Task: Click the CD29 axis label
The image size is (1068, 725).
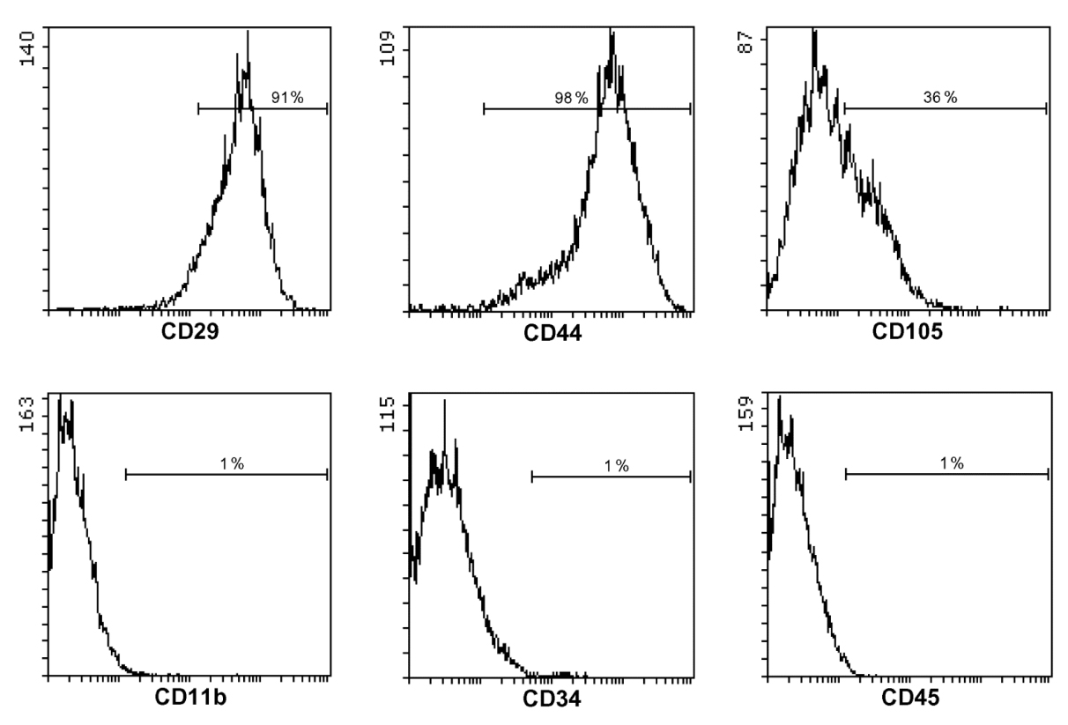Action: (189, 332)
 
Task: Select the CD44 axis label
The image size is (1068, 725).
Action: (553, 333)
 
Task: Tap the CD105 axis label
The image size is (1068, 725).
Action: (907, 331)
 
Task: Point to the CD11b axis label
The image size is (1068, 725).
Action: (190, 698)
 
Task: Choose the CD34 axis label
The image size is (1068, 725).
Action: (552, 699)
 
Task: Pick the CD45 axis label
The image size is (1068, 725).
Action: (909, 698)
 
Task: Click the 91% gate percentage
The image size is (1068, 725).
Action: (287, 97)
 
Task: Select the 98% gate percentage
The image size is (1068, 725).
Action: (571, 98)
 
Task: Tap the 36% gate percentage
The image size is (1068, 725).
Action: (939, 97)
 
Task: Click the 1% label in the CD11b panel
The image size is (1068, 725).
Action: (232, 463)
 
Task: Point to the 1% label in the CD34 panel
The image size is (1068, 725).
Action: (617, 465)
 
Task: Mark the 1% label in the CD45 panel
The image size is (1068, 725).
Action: (952, 462)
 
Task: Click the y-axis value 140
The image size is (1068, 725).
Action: (27, 48)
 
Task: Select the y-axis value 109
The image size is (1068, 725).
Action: (387, 48)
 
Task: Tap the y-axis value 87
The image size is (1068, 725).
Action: (745, 42)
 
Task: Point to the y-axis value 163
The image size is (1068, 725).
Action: (26, 414)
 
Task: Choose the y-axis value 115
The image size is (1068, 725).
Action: (387, 414)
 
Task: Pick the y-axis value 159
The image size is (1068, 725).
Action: (745, 413)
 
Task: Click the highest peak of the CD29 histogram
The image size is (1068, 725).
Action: (248, 32)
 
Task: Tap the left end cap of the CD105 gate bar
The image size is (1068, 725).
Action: (844, 108)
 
